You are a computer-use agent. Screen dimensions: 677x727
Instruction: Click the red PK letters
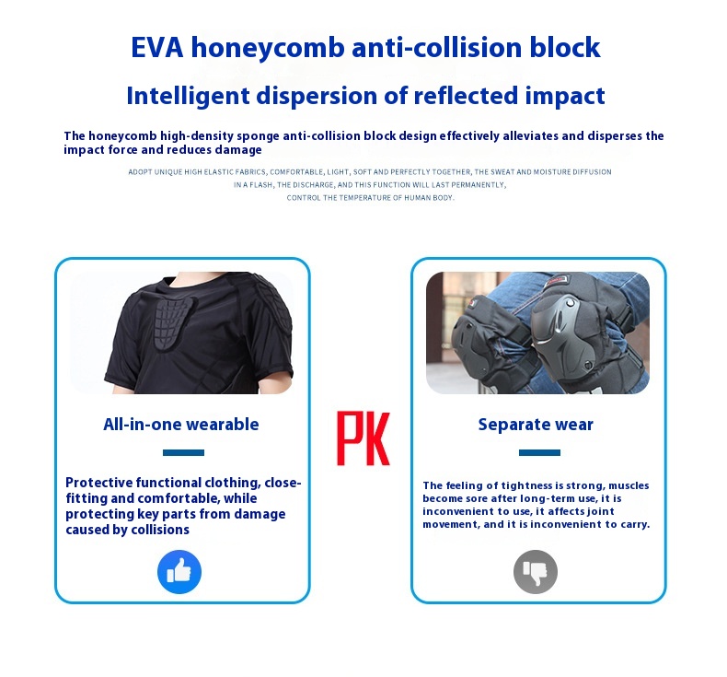pyautogui.click(x=363, y=438)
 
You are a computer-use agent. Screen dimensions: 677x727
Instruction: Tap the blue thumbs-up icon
pyautogui.click(x=179, y=572)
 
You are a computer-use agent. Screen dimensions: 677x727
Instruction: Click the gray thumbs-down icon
pyautogui.click(x=536, y=572)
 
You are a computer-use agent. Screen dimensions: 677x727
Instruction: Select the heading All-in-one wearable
pyautogui.click(x=181, y=425)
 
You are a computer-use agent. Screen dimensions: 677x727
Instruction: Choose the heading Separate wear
pyautogui.click(x=536, y=425)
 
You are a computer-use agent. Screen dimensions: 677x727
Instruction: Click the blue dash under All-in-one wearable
pyautogui.click(x=183, y=452)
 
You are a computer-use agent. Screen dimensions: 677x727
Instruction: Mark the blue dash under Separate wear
pyautogui.click(x=539, y=452)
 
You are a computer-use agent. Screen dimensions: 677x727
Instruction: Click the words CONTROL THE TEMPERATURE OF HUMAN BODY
pyautogui.click(x=370, y=197)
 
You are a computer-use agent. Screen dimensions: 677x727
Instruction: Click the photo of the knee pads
pyautogui.click(x=537, y=333)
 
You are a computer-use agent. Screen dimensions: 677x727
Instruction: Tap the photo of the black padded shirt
pyautogui.click(x=181, y=333)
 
